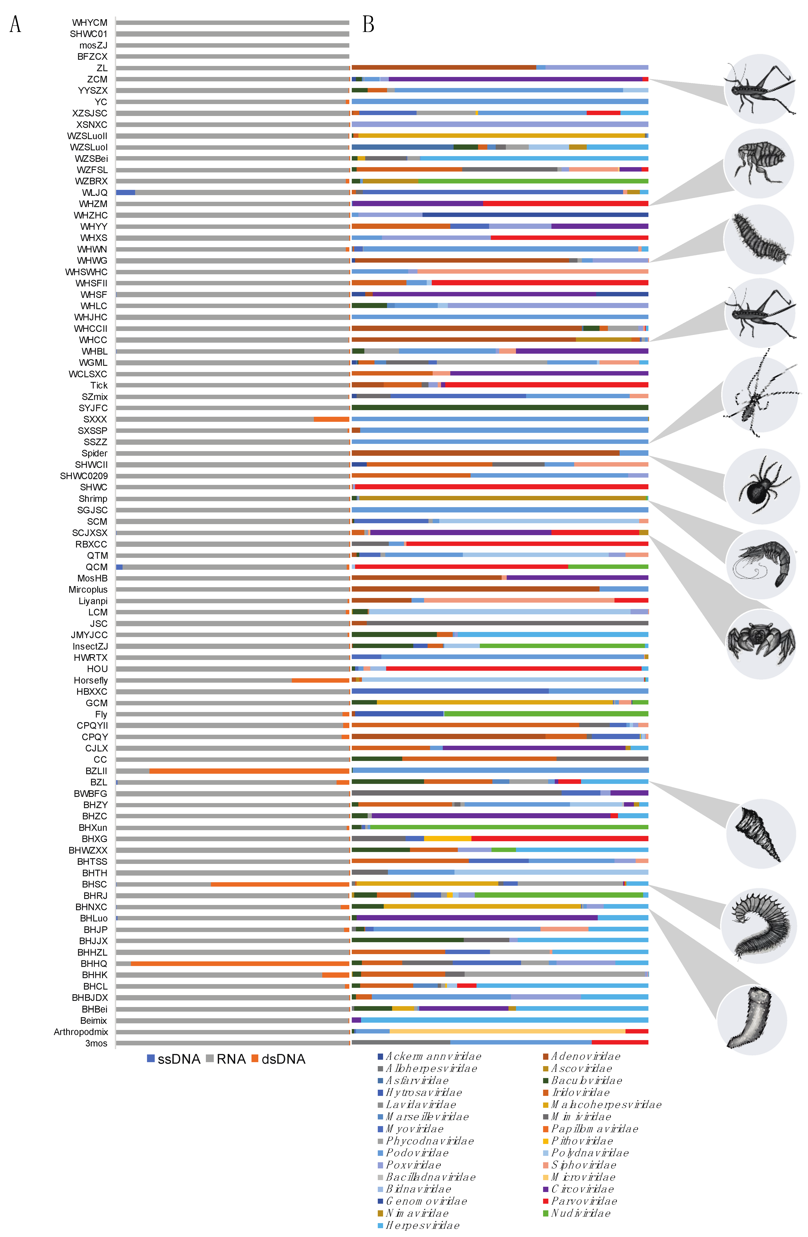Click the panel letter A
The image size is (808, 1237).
point(16,24)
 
